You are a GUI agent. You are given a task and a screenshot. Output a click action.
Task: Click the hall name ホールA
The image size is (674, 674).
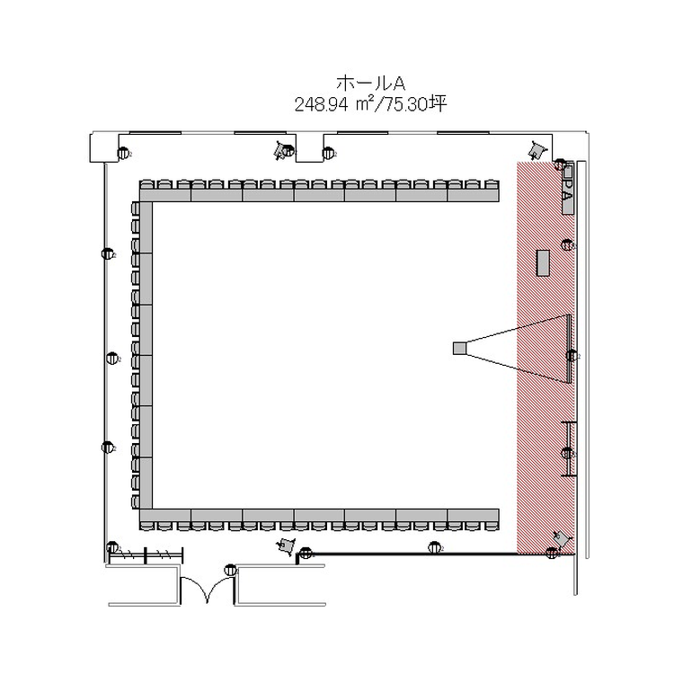tap(370, 83)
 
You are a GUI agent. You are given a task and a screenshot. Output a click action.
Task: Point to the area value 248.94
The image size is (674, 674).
tap(321, 104)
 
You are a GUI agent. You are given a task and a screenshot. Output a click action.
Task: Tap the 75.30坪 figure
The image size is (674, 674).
tap(415, 104)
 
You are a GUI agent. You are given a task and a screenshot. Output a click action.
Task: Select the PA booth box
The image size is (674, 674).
tap(568, 189)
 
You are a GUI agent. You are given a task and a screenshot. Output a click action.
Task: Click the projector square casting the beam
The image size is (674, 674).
tap(459, 348)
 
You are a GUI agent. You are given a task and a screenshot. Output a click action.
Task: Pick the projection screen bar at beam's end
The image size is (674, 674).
tap(569, 349)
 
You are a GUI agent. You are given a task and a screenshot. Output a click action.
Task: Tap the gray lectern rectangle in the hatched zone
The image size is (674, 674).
tap(544, 262)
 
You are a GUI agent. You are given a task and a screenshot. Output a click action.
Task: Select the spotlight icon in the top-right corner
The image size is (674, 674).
tap(536, 150)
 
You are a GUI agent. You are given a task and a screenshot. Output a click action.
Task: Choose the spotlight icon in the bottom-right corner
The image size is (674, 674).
tap(562, 538)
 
